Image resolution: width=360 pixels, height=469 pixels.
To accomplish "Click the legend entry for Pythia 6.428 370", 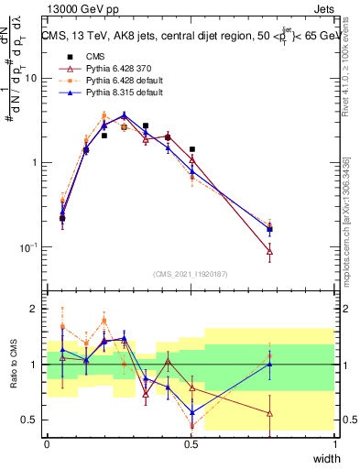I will pos(105,69).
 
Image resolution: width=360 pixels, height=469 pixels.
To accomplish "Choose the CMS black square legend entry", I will pos(83,57).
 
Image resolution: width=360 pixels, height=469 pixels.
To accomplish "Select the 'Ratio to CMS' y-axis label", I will pos(12,365).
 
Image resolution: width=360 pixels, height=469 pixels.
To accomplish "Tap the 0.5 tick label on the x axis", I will pos(191,442).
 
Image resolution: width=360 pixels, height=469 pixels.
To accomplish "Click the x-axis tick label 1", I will pos(335,442).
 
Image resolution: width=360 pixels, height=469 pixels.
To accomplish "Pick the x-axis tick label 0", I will pos(47,442).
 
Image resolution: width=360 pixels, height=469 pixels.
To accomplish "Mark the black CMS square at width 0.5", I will pos(191,149).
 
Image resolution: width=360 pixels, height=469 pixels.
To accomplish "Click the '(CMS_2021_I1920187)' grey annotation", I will pos(191,274).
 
